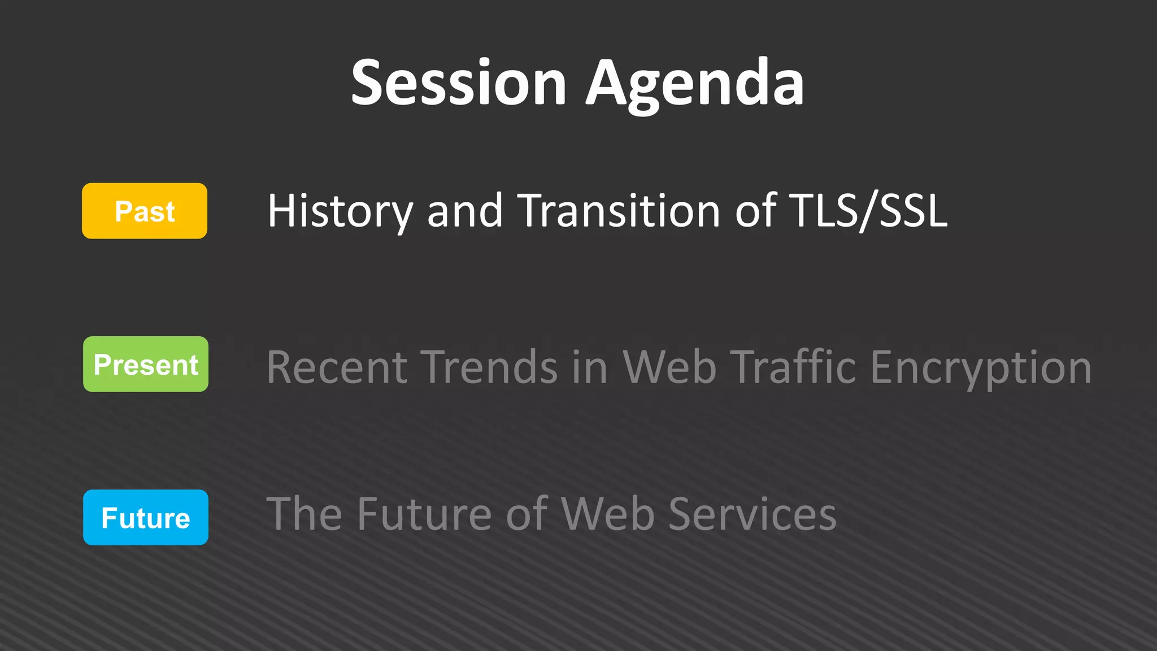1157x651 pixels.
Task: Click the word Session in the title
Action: (x=458, y=83)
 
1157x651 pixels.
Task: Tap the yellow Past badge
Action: (x=145, y=211)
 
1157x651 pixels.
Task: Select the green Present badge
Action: (x=146, y=364)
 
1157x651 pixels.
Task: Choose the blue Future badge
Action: (x=146, y=518)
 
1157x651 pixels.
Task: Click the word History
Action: (x=340, y=211)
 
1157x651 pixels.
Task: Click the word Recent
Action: (x=337, y=367)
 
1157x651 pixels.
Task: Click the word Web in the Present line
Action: (x=669, y=367)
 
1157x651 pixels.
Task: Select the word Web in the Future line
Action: (x=608, y=514)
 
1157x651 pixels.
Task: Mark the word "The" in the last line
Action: (x=304, y=514)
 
